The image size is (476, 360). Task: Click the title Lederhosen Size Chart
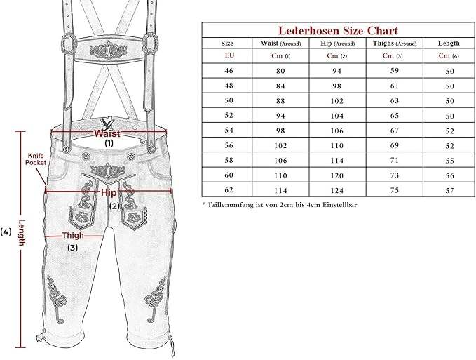[x=338, y=30]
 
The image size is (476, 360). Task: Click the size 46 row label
[x=228, y=71]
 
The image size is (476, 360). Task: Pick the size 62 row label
[x=228, y=189]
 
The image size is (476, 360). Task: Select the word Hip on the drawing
[x=109, y=192]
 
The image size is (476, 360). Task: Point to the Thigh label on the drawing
[x=73, y=236]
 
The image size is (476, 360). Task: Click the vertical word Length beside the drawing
[x=22, y=231]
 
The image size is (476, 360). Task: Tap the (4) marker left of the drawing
[x=7, y=231]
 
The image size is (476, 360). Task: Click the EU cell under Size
[x=228, y=55]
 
